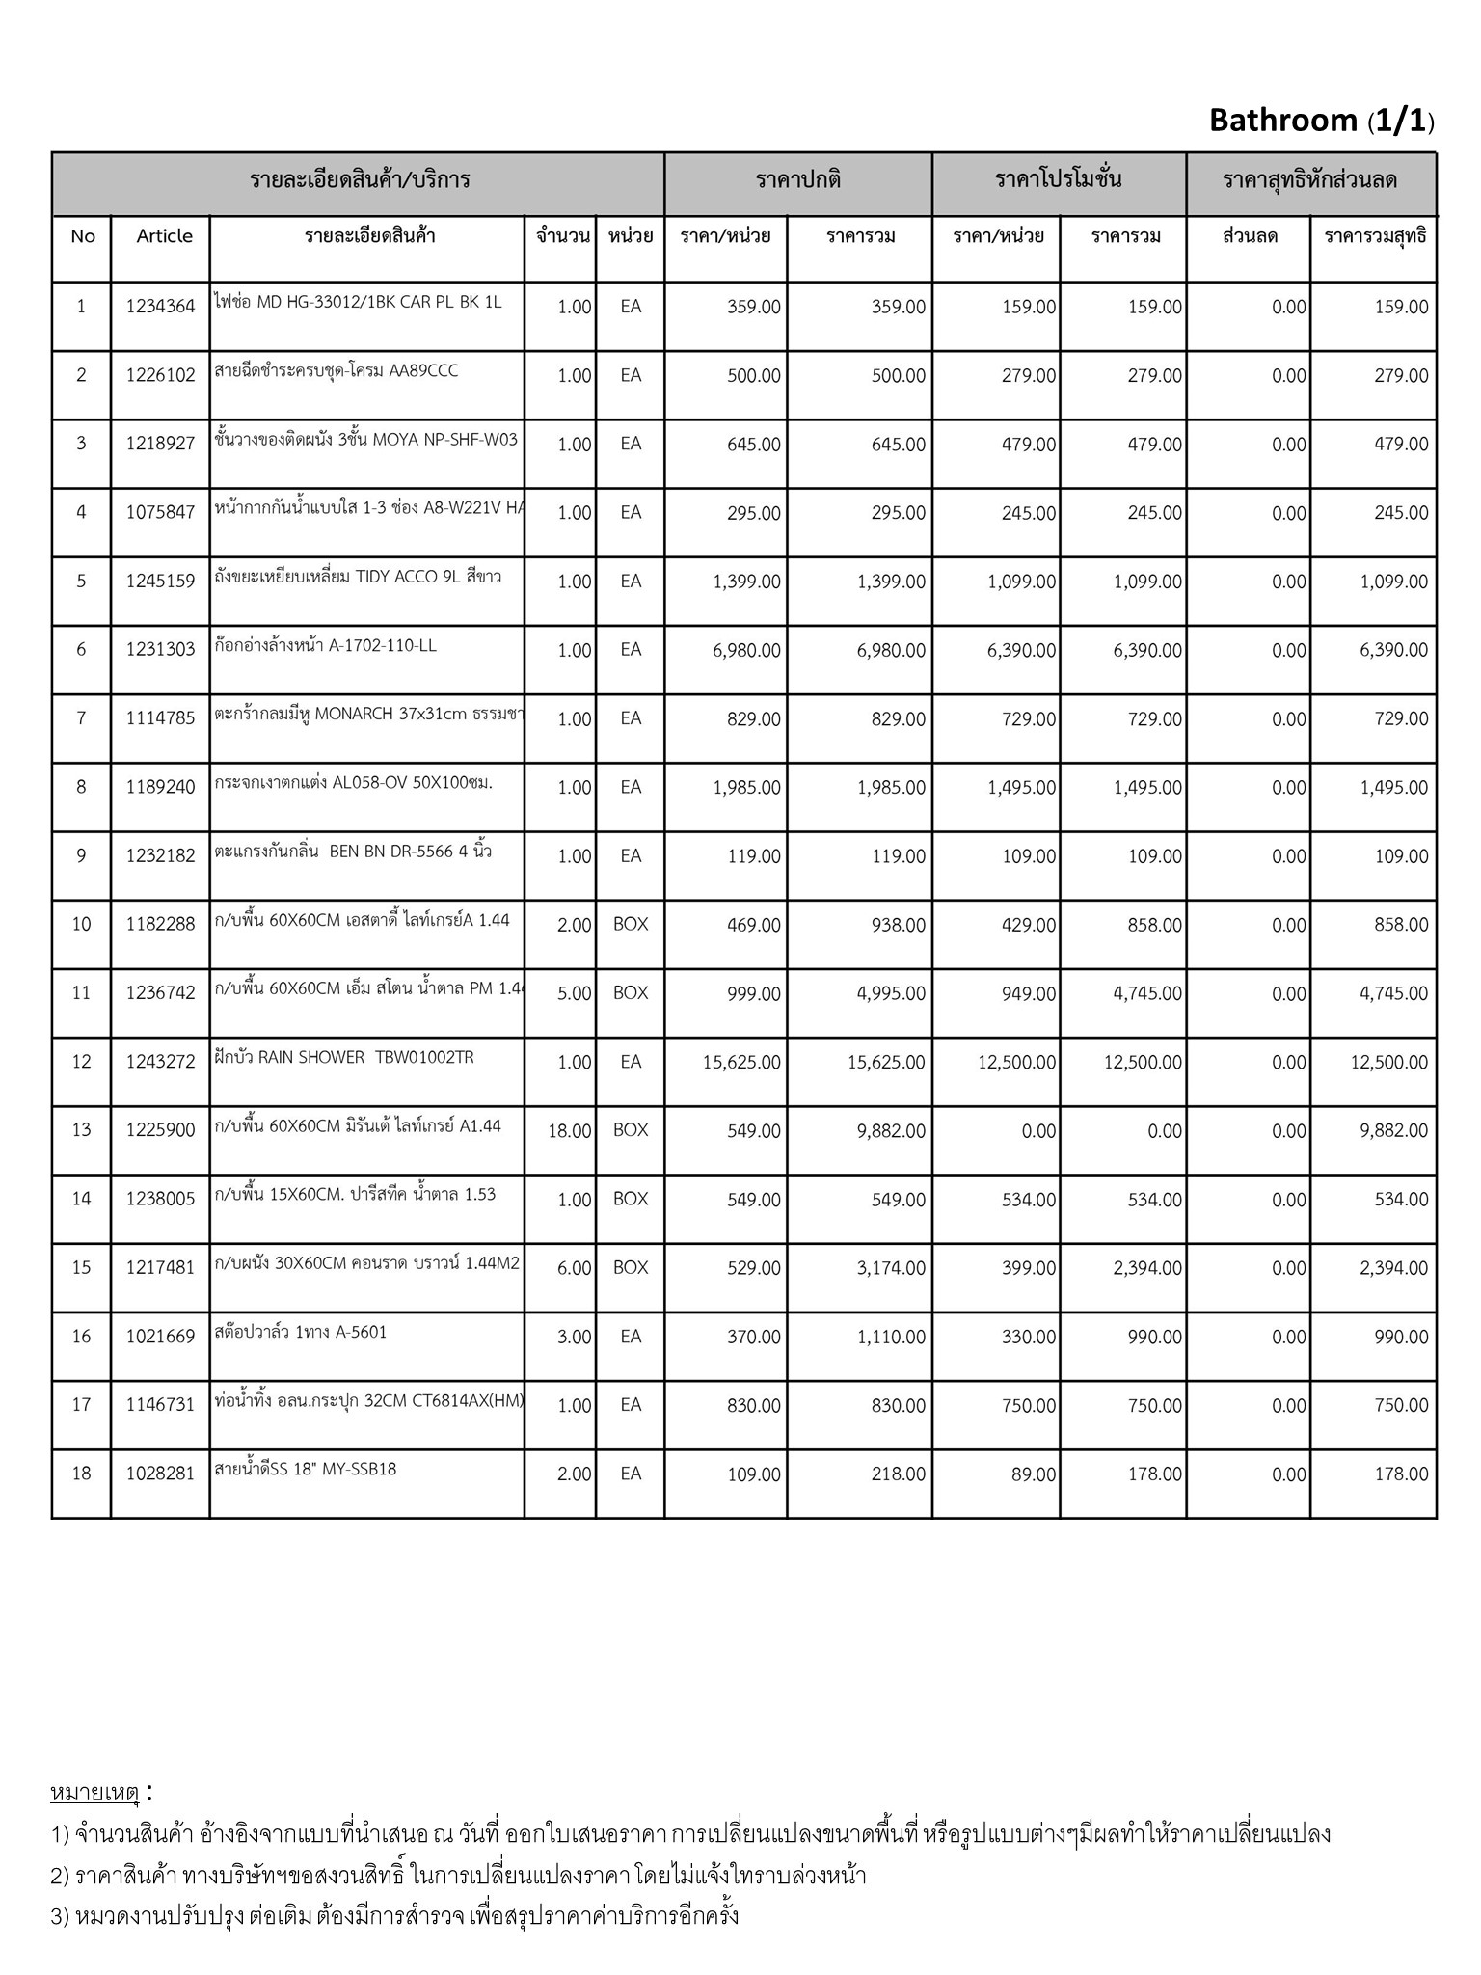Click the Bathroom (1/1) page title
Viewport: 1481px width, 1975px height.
(x=1321, y=121)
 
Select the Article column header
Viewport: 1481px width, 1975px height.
(x=164, y=236)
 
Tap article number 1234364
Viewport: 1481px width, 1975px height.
(x=160, y=307)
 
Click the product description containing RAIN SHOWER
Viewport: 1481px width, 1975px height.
(x=344, y=1057)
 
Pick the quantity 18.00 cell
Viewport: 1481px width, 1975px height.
(x=569, y=1131)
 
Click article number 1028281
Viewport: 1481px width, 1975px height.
(x=160, y=1474)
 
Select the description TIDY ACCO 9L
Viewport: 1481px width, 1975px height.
(x=358, y=577)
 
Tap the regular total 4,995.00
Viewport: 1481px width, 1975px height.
(x=891, y=994)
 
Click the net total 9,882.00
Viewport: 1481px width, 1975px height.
(x=1393, y=1131)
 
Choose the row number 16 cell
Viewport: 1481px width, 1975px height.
(x=81, y=1337)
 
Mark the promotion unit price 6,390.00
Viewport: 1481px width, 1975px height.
(x=1021, y=651)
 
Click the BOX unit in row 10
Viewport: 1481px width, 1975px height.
(x=631, y=924)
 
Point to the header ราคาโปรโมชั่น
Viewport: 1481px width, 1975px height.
(x=1058, y=179)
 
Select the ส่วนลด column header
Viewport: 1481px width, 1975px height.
(x=1250, y=236)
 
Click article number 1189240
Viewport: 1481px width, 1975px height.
(x=160, y=787)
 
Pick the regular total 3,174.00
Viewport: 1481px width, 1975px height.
(x=891, y=1268)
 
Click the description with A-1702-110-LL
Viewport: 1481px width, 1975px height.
(x=326, y=645)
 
